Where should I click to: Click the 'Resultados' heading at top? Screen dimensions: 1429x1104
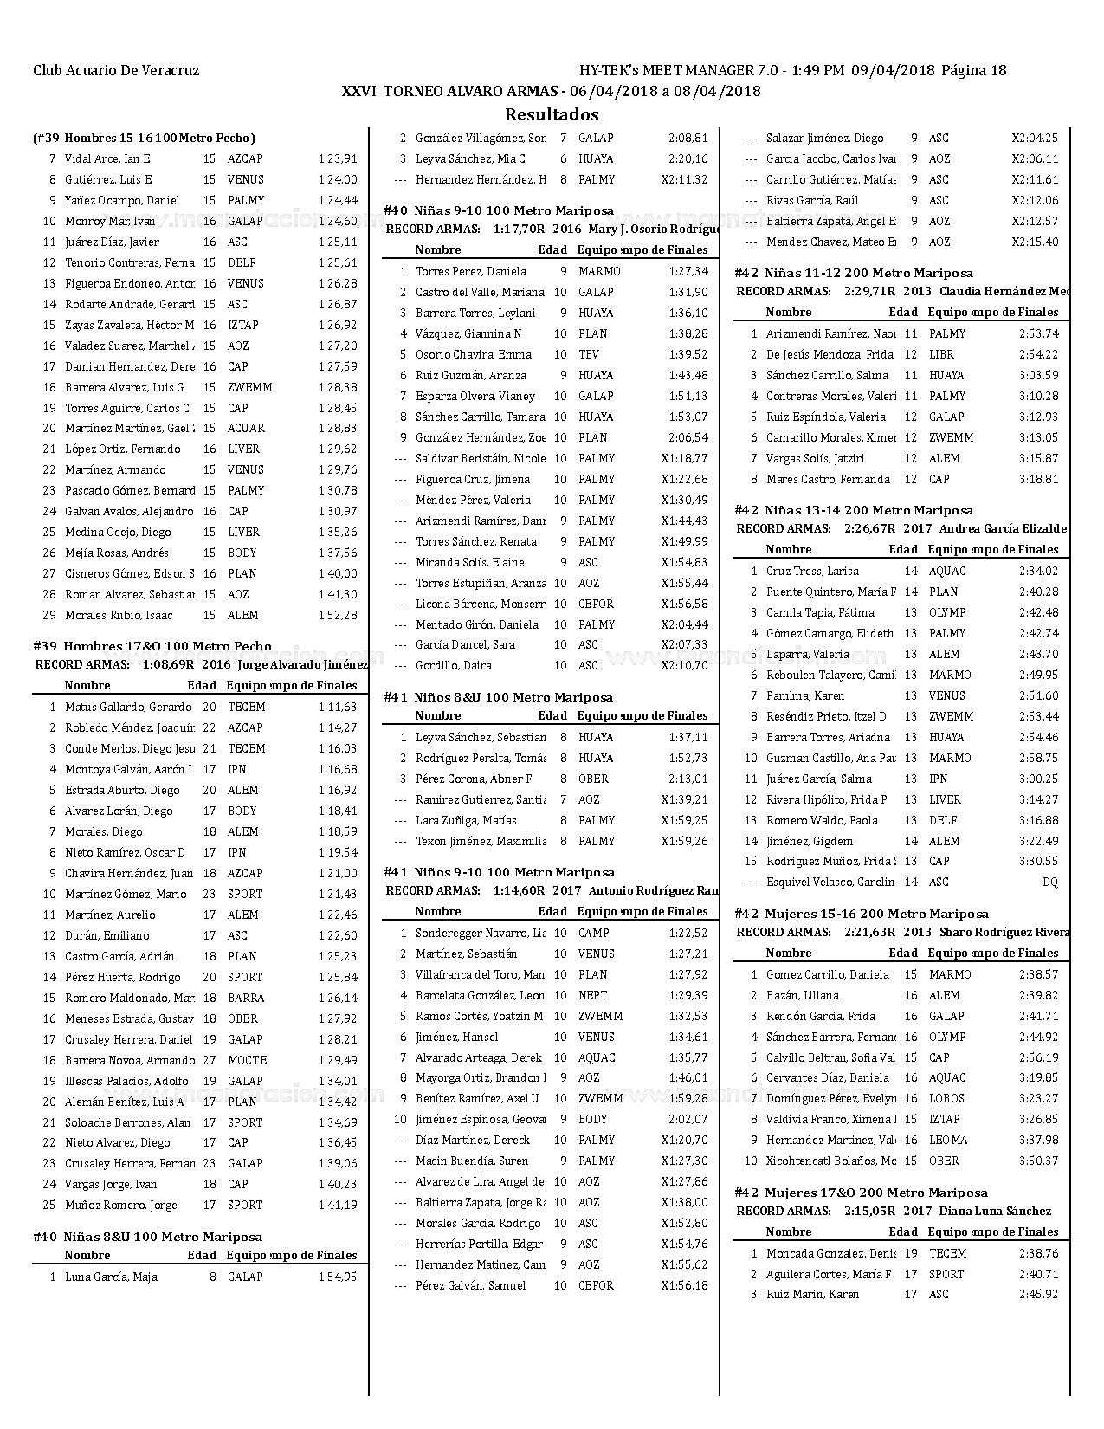(552, 114)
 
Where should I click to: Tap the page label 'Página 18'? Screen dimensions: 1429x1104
(973, 71)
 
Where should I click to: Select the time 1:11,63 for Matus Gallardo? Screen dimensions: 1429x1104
(337, 708)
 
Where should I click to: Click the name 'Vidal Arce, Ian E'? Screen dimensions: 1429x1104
(107, 159)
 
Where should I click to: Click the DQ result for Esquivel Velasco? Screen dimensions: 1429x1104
(1049, 883)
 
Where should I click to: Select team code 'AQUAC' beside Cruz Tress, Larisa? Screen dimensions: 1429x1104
(947, 572)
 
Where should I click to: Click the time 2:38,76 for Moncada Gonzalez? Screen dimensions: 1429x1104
(1038, 1254)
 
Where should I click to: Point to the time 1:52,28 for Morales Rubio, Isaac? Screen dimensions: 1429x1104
(337, 616)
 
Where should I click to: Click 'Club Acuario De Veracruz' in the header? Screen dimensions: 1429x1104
(116, 71)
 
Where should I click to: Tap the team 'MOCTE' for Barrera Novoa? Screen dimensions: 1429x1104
(247, 1061)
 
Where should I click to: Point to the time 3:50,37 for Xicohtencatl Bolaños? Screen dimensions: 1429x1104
(1038, 1161)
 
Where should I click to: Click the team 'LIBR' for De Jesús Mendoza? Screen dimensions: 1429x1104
(941, 355)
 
